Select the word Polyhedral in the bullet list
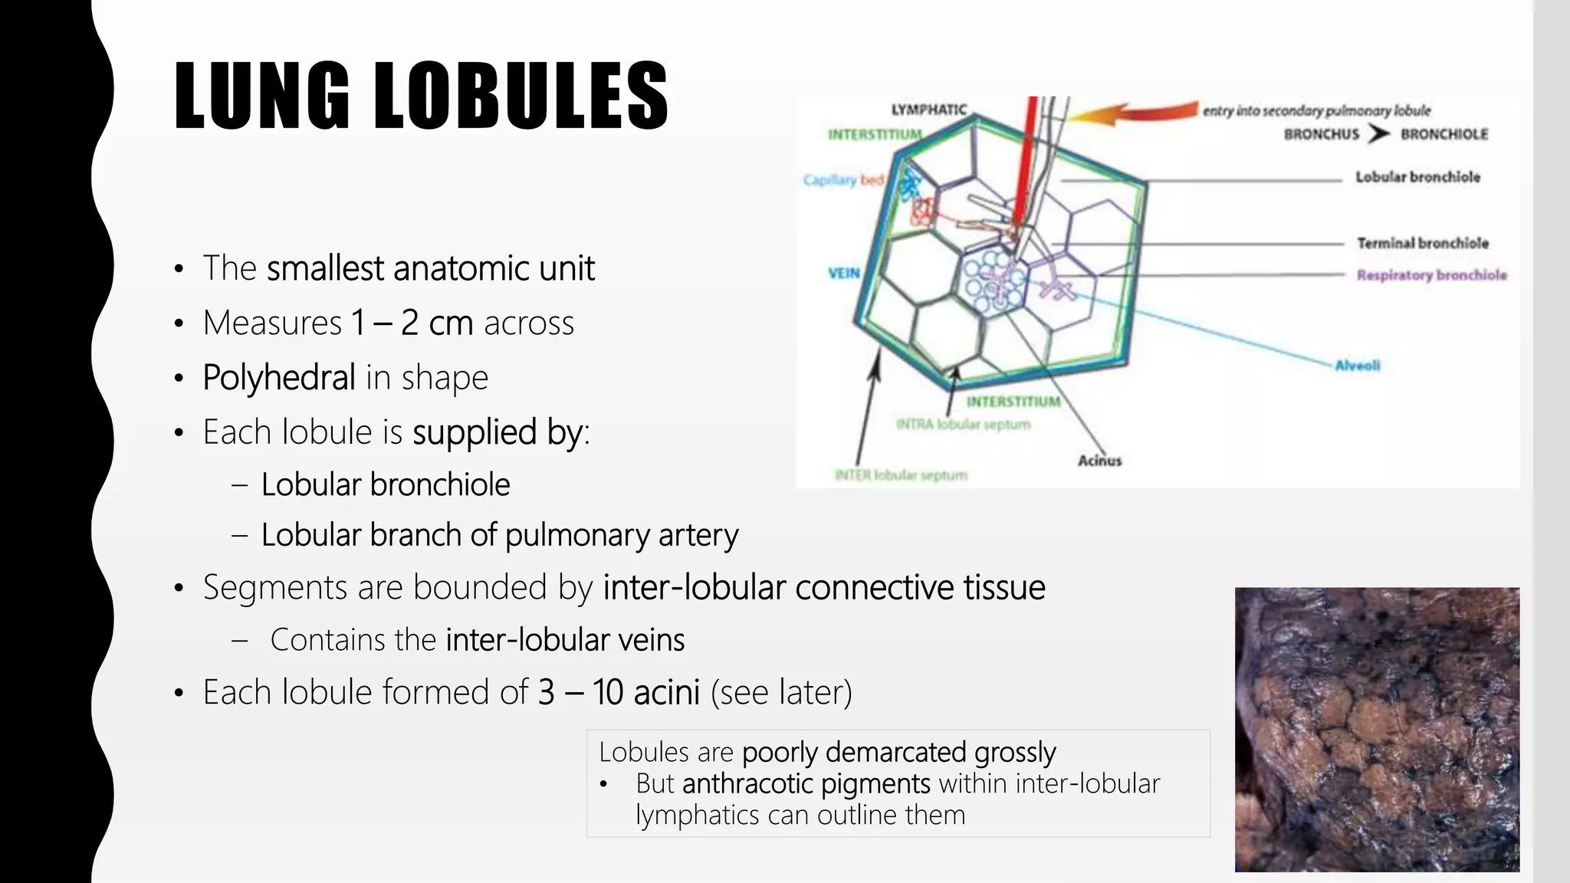point(279,377)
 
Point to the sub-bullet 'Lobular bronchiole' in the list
point(386,484)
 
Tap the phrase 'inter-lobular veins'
point(565,640)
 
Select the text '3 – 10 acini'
point(619,692)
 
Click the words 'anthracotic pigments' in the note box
point(806,783)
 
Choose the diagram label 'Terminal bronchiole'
point(1423,243)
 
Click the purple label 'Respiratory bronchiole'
point(1431,275)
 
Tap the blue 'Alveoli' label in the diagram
point(1358,366)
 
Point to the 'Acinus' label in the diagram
point(1099,461)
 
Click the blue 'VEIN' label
point(843,273)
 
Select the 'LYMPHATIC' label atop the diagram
point(928,110)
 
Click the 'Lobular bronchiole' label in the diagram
point(1417,177)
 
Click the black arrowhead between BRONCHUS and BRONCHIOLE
point(1379,134)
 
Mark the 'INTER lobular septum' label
point(901,475)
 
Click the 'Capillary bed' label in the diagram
point(843,180)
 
